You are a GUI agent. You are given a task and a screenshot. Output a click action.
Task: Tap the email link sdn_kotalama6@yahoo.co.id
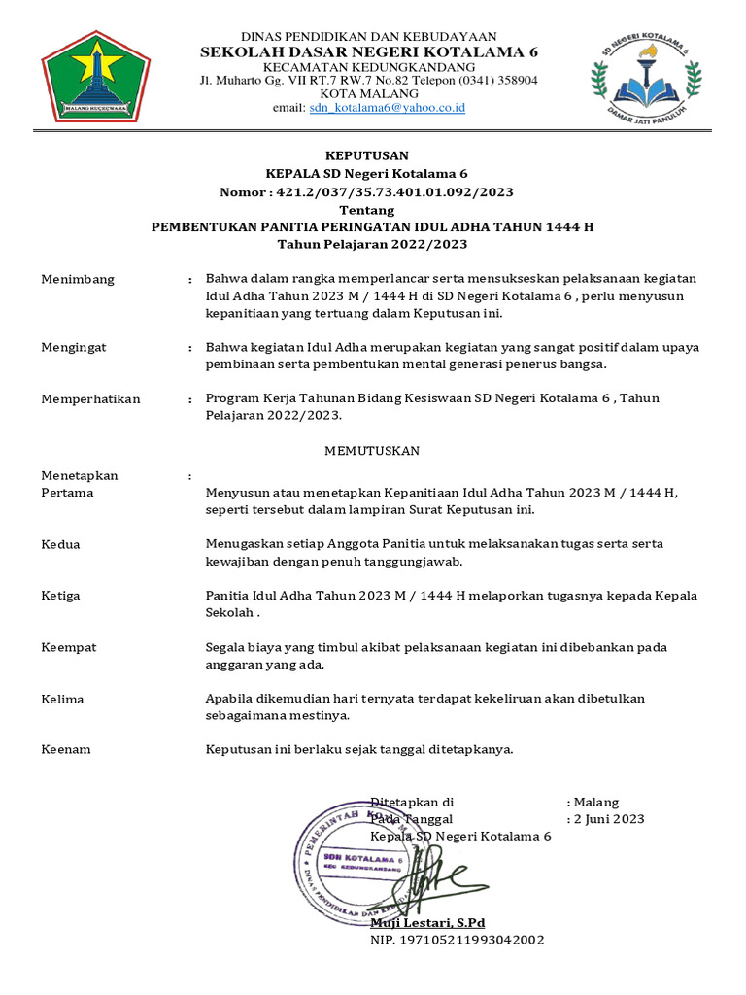[x=387, y=108]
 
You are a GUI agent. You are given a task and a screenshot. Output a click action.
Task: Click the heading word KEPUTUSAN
[x=366, y=155]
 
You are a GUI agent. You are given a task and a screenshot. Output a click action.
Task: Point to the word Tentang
[x=366, y=210]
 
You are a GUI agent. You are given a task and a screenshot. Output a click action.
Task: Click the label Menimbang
[x=78, y=279]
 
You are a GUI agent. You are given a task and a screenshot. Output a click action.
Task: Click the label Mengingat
[x=74, y=347]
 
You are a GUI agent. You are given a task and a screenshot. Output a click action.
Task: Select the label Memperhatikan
[x=90, y=398]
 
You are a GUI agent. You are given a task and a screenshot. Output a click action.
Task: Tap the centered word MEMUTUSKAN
[x=371, y=451]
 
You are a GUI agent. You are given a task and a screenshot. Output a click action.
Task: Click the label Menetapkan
[x=80, y=475]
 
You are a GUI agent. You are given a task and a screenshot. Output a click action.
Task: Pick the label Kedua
[x=60, y=544]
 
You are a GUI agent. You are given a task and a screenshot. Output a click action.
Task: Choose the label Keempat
[x=68, y=647]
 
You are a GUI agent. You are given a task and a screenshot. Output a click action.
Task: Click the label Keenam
[x=66, y=749]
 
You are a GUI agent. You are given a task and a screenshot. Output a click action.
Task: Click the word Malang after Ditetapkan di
[x=596, y=803]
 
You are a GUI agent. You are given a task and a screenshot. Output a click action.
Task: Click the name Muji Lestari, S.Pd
[x=427, y=922]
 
